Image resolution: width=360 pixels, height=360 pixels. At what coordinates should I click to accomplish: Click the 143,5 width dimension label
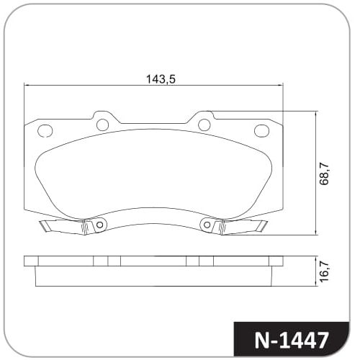click(161, 78)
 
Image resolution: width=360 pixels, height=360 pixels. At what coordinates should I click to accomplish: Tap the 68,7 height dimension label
click(324, 174)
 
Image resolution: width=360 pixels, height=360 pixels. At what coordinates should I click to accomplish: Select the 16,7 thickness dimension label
click(324, 271)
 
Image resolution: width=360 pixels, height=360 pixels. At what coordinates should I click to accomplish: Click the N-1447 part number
click(291, 340)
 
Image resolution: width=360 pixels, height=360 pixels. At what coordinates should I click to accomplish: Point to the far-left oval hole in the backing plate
click(45, 131)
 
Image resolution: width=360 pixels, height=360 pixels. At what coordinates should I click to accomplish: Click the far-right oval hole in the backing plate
click(261, 131)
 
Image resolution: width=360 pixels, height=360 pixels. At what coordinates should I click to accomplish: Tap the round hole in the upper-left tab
click(102, 125)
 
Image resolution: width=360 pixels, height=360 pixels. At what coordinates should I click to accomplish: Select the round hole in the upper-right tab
click(204, 125)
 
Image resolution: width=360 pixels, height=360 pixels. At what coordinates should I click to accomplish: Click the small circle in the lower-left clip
click(99, 225)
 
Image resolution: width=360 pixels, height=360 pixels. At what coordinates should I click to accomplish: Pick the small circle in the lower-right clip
click(207, 225)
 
